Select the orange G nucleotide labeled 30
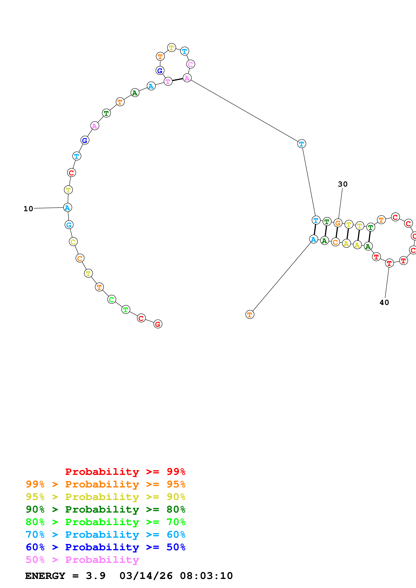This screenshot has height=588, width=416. click(338, 223)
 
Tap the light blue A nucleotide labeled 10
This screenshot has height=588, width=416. click(67, 208)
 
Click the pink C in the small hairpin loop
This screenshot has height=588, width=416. click(190, 64)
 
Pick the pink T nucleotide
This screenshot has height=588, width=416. click(168, 81)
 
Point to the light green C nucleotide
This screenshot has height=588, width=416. click(111, 299)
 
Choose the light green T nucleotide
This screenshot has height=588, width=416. click(126, 309)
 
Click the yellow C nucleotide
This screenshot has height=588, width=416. click(73, 242)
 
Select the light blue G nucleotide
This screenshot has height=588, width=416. click(69, 225)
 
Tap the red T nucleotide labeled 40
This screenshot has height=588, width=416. click(389, 263)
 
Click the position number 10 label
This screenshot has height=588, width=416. click(28, 209)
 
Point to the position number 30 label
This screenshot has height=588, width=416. click(342, 184)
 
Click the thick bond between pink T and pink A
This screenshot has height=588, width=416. click(177, 80)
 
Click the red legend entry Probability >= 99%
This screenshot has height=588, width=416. click(125, 472)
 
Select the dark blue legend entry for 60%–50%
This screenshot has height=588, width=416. click(105, 547)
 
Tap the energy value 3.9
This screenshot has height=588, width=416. click(96, 576)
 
